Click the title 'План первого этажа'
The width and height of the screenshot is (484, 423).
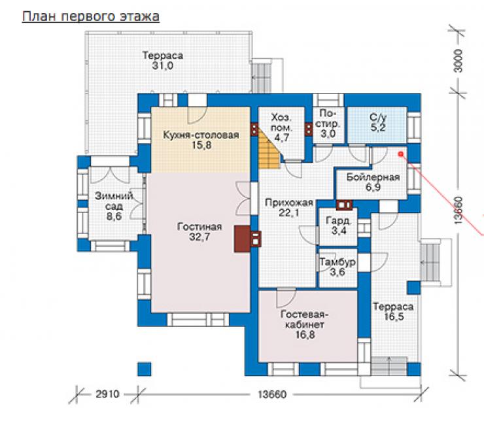(90, 17)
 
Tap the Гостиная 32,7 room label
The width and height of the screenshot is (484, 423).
(199, 231)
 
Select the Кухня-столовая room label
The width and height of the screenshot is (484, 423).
(201, 140)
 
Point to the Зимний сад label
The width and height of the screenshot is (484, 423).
(114, 206)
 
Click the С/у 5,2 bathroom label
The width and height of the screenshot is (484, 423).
(378, 122)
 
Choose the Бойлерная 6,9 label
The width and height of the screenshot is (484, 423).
(373, 182)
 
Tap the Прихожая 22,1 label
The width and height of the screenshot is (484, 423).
(289, 207)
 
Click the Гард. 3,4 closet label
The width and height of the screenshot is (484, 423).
(339, 226)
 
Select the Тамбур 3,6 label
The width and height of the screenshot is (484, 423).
(337, 267)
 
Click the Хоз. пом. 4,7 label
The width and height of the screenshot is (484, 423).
(281, 127)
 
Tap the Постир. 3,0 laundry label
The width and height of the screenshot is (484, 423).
(328, 124)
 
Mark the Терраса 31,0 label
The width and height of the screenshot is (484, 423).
(163, 60)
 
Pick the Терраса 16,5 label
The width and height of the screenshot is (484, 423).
(393, 312)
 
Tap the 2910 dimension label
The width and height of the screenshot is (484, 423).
(107, 394)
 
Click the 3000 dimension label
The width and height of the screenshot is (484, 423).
(459, 61)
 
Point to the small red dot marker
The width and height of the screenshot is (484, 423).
(401, 154)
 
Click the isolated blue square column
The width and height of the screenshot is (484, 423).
(145, 369)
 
